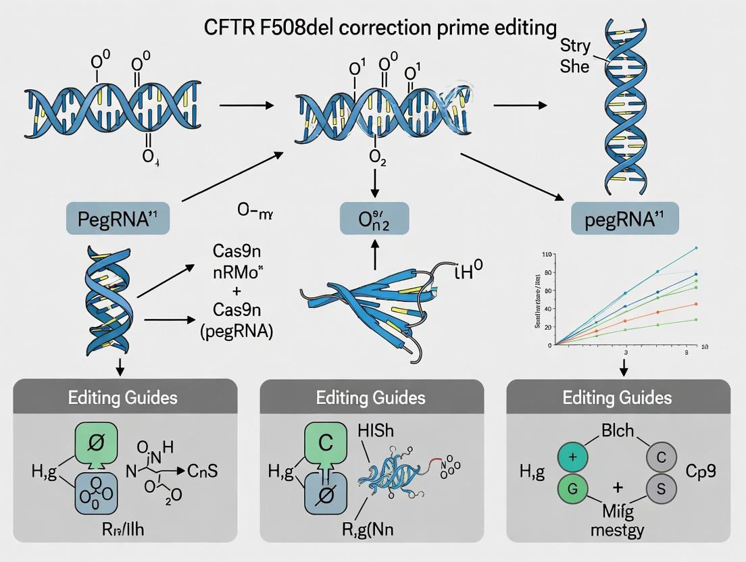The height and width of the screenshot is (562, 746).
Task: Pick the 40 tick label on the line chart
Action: coord(548,308)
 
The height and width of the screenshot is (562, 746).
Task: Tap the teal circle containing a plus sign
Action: coord(573,457)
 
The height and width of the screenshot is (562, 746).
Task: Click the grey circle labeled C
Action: coord(662,457)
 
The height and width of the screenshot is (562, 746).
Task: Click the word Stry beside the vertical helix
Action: coord(576,47)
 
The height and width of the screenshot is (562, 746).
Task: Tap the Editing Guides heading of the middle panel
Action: coord(371,397)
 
